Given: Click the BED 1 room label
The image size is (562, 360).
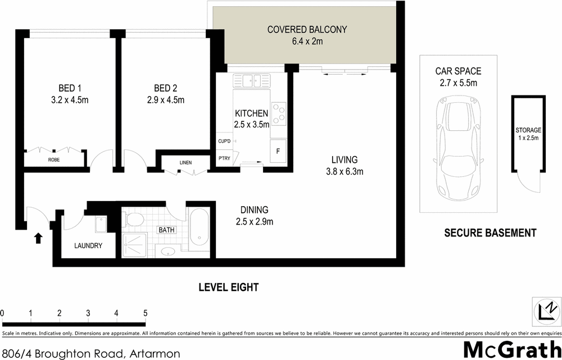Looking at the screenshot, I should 70,88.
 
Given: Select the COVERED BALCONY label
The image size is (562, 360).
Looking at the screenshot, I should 307,29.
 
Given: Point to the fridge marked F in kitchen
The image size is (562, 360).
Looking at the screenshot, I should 277,151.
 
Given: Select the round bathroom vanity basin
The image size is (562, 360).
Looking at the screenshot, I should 167,250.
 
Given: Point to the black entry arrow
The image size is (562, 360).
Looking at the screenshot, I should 38,238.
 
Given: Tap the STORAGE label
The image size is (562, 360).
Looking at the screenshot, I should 528,130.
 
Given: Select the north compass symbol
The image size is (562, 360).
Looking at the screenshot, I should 546,310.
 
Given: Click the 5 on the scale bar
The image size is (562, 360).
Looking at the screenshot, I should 145,312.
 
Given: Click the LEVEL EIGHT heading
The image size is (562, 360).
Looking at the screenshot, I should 228,287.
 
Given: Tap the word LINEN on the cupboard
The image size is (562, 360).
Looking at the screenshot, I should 185,163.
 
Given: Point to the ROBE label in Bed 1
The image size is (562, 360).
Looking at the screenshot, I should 54,160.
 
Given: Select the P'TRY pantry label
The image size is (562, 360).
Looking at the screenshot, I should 224,158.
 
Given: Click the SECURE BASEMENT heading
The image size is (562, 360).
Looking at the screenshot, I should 490,233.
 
